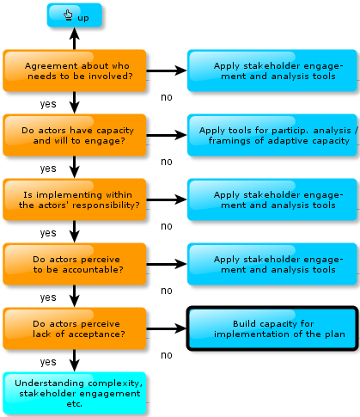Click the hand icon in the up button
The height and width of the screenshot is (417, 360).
point(68,15)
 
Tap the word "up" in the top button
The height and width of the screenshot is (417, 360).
point(83,18)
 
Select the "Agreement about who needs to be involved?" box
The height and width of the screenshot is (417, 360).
point(75,71)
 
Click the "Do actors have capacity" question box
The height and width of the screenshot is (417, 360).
point(75,135)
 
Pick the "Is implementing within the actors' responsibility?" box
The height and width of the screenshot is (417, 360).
point(75,199)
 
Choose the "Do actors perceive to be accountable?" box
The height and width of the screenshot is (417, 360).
point(75,264)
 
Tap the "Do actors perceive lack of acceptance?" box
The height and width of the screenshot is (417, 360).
point(75,328)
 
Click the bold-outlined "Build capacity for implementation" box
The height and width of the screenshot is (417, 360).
point(272,328)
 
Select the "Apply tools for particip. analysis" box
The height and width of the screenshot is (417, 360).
point(272,135)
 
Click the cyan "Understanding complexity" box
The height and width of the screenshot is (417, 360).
point(75,393)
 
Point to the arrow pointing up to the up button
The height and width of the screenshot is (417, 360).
point(75,39)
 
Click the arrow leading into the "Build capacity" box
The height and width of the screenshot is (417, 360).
point(167,328)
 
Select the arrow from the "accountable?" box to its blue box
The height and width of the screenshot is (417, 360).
point(167,264)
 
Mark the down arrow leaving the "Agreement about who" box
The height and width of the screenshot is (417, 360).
point(75,102)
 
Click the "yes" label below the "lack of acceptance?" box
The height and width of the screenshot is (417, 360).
point(48,362)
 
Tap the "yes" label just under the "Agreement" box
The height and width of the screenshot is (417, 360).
point(48,104)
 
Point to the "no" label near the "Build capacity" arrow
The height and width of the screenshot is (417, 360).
point(167,355)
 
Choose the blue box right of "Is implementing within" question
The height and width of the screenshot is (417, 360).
point(272,199)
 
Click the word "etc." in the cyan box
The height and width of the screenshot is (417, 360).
point(75,404)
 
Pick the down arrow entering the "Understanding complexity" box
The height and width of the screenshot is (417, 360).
point(75,360)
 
